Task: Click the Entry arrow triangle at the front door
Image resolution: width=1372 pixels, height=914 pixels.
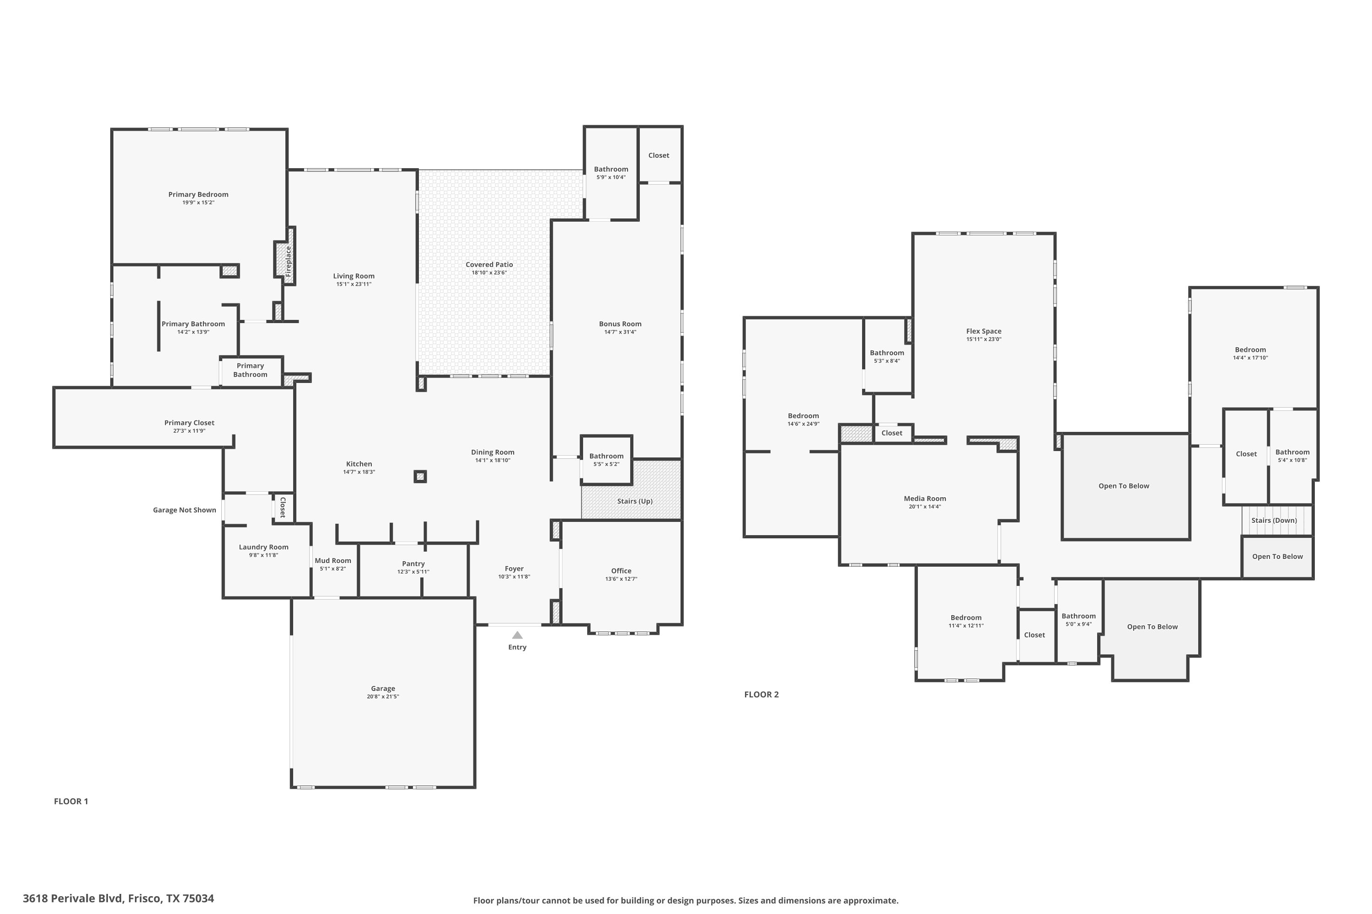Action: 517,635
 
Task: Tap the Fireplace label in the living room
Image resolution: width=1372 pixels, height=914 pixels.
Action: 288,261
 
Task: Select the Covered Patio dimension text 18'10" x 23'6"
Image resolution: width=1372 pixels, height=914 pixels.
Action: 489,273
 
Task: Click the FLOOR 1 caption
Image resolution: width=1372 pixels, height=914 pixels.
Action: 71,801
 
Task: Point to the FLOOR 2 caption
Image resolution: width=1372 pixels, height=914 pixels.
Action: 761,694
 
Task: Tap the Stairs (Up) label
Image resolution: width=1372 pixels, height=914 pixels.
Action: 635,501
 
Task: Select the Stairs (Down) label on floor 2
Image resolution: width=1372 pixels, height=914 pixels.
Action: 1274,521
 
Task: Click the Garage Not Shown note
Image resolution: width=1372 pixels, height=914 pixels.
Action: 184,510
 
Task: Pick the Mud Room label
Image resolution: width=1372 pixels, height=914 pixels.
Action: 333,561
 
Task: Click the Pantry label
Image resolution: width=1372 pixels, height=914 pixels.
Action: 413,563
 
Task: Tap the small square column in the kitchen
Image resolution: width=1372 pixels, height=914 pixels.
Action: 420,476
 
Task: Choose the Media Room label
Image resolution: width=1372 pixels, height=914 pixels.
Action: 925,499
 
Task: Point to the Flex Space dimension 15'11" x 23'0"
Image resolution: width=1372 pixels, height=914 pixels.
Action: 984,339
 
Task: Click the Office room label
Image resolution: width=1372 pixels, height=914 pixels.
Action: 621,571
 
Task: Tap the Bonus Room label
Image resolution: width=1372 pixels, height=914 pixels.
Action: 620,324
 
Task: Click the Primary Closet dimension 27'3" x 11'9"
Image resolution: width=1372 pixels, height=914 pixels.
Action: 190,431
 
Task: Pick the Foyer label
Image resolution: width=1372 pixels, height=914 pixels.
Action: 514,569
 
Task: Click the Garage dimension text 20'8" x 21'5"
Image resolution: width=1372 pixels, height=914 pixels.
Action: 383,696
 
